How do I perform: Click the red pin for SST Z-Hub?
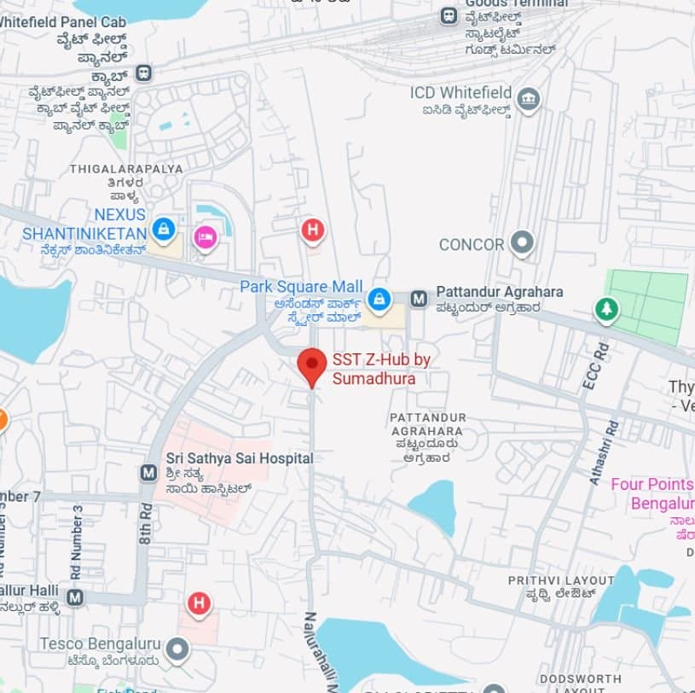[312, 366]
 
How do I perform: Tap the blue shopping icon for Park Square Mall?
[379, 299]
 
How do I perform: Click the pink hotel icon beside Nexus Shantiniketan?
[205, 236]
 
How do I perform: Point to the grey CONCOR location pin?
[521, 243]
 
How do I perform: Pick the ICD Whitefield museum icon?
[529, 99]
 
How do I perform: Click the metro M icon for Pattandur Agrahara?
[419, 299]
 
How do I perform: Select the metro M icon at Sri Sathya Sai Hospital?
[148, 472]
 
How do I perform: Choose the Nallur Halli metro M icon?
[75, 597]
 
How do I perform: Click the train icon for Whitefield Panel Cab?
[143, 73]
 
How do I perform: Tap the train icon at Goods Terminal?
[449, 15]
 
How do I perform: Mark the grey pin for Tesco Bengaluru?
[177, 650]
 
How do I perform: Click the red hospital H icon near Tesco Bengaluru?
[199, 604]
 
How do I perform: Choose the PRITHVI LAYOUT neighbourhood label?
[560, 580]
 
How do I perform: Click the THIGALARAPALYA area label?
[126, 168]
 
